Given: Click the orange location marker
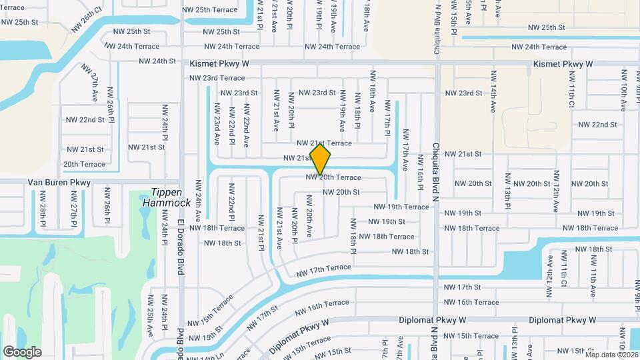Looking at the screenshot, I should point(321,159).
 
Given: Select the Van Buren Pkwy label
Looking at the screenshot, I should point(59,182).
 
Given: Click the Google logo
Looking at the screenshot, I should point(22,351).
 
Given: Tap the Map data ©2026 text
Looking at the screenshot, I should point(611,355).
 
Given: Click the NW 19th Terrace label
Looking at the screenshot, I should point(401,207).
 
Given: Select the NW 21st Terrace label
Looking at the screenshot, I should point(324,143).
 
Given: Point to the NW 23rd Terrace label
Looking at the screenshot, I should point(217,78).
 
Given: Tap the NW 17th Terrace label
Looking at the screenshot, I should point(323,270).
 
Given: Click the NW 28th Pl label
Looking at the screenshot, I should point(43,207).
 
